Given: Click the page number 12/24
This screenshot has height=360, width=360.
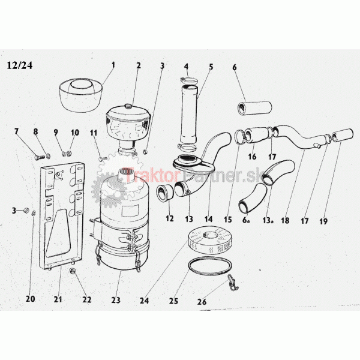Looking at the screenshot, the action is tap(20, 65).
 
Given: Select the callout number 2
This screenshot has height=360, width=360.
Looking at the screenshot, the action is tap(138, 65).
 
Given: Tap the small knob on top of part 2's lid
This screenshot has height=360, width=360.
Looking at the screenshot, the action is tap(128, 106).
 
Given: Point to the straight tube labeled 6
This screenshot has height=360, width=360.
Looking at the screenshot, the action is tap(254, 107).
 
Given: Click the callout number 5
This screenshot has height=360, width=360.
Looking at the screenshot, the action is tap(211, 67).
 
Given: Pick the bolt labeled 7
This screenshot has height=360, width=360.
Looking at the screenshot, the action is tap(40, 157).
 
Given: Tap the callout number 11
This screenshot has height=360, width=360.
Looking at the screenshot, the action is tap(94, 133).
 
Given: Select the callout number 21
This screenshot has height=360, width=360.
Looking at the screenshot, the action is tap(58, 299).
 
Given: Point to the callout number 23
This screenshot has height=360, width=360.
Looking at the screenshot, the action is tap(116, 300).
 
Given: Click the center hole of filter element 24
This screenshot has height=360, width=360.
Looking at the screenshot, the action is tap(209, 235).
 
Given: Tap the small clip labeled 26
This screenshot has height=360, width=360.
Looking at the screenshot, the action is tap(233, 281).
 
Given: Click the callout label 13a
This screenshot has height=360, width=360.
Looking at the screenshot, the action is tap(268, 220).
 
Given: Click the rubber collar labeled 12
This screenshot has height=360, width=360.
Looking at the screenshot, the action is tap(164, 194).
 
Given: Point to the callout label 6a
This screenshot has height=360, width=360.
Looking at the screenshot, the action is tap(246, 220).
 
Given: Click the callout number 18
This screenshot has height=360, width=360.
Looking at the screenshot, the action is tap(285, 220).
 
